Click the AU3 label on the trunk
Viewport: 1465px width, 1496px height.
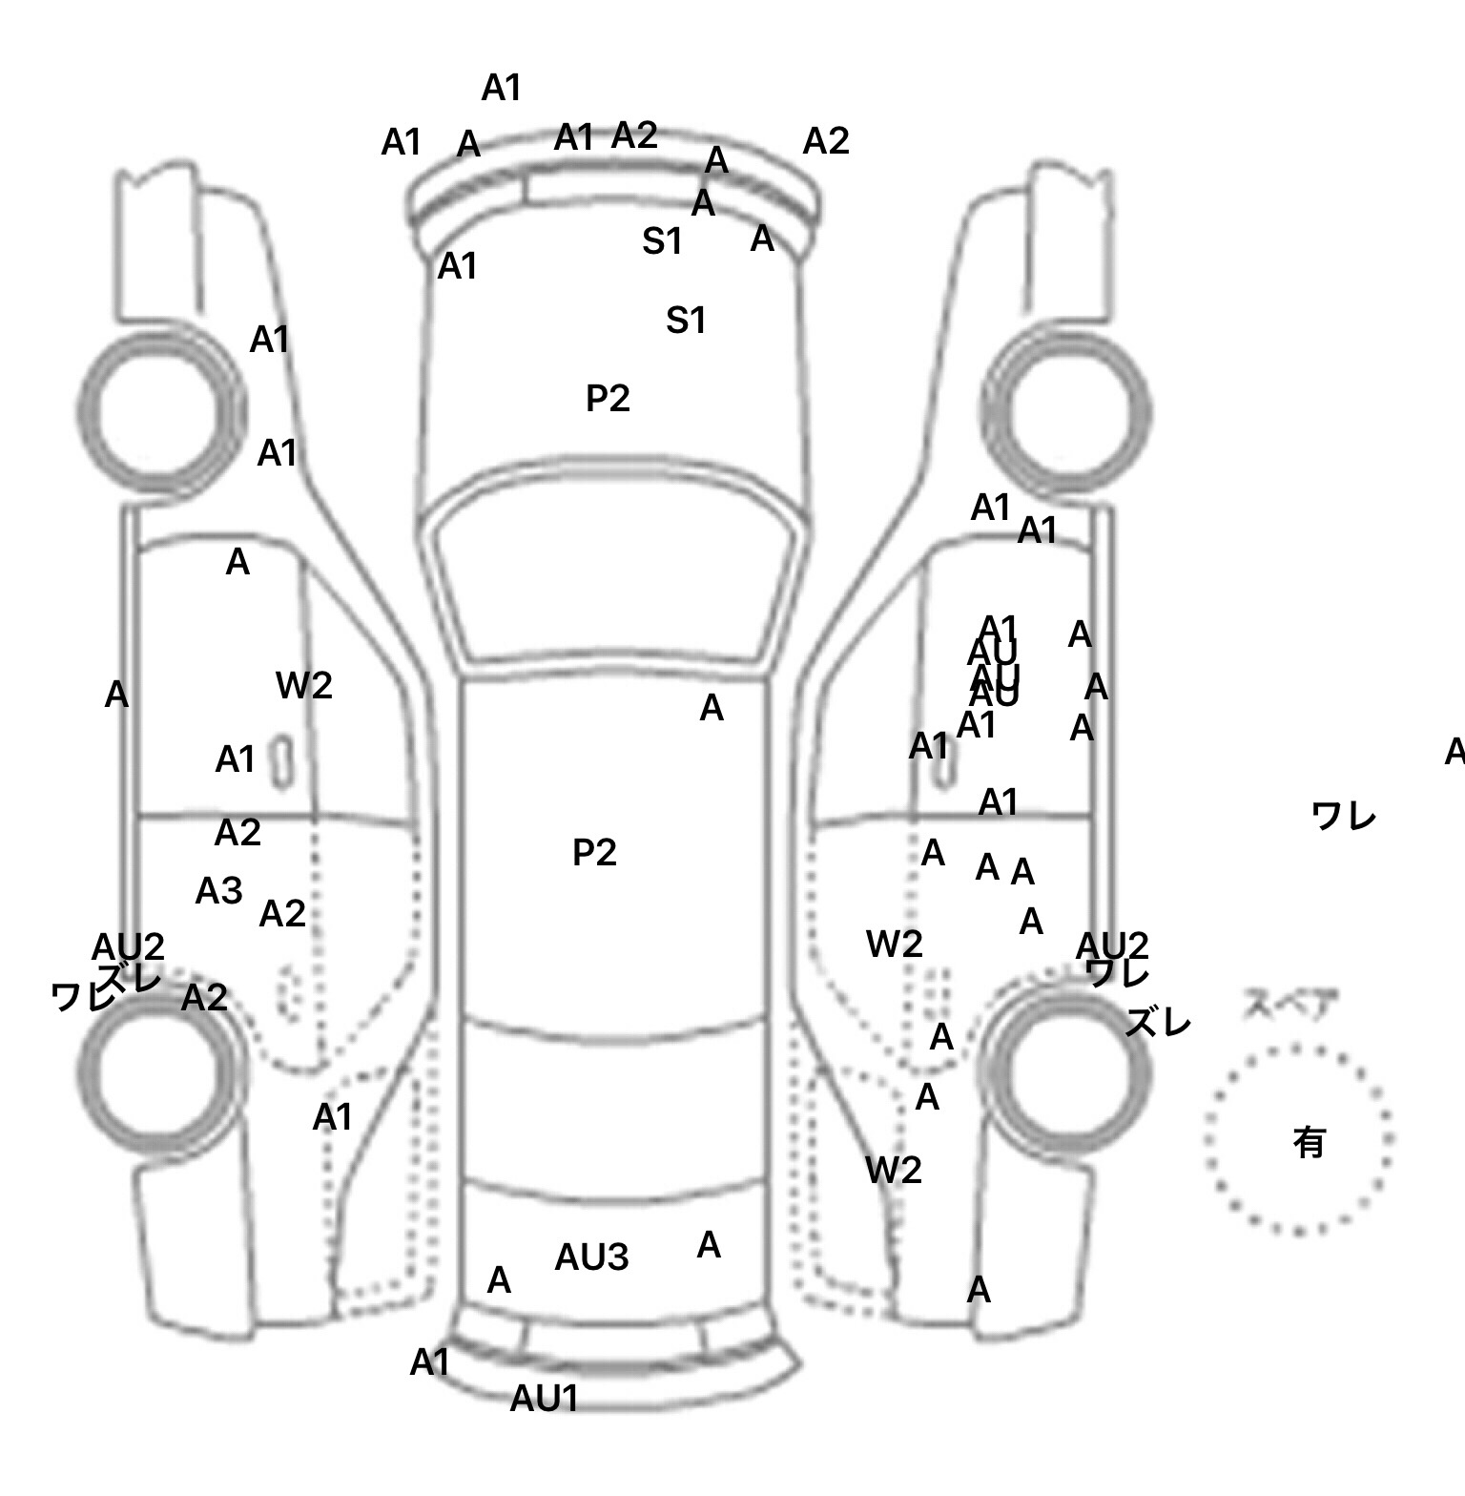(x=591, y=1257)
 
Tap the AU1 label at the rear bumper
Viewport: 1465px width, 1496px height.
(x=545, y=1399)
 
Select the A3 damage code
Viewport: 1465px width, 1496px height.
(x=218, y=891)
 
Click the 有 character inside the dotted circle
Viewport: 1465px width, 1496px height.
(x=1309, y=1142)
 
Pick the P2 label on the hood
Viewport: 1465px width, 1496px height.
(x=608, y=399)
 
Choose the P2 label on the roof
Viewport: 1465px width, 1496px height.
(x=594, y=852)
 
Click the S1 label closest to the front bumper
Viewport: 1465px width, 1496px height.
(x=662, y=242)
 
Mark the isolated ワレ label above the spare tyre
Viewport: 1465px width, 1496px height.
(x=1343, y=817)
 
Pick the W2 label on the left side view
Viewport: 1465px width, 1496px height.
(x=304, y=685)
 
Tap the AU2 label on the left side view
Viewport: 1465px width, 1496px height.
(x=128, y=946)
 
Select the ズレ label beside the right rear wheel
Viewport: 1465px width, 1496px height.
(x=1158, y=1024)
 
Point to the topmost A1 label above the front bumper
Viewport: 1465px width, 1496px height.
(x=501, y=88)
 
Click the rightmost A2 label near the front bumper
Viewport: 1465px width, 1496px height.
(x=825, y=141)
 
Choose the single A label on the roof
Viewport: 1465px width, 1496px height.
(x=712, y=708)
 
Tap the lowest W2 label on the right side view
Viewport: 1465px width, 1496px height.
(x=894, y=1170)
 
